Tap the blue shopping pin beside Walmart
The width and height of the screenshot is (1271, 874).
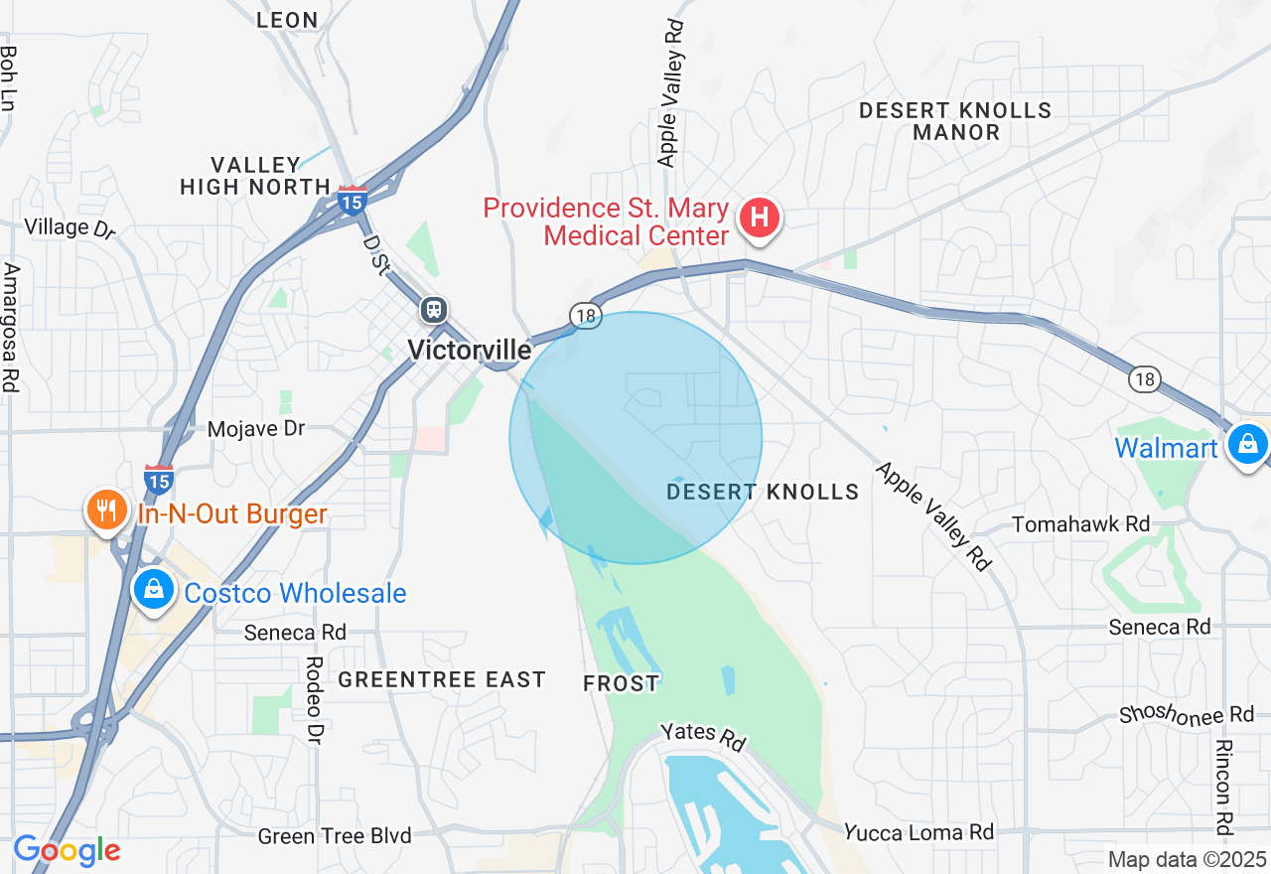1246,444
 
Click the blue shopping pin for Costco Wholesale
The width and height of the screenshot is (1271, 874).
154,590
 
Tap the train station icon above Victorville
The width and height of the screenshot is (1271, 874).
433,311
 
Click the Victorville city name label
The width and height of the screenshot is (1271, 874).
469,350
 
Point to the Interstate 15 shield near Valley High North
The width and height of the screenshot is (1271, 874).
352,200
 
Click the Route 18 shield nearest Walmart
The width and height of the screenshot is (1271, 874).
1145,378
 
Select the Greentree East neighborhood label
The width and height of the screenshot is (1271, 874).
442,679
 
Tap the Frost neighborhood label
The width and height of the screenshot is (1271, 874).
621,683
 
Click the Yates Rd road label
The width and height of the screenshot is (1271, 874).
703,736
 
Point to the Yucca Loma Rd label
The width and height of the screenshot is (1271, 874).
918,831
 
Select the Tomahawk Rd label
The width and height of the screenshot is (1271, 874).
1080,523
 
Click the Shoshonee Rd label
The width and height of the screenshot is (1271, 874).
1187,714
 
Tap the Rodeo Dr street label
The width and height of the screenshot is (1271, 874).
314,700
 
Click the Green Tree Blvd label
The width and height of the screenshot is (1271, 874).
335,836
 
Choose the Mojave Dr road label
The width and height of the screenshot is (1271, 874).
255,429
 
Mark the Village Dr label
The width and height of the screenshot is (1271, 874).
70,227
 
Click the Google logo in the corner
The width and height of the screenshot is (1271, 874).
67,850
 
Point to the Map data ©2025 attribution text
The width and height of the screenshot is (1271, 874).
1187,859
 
